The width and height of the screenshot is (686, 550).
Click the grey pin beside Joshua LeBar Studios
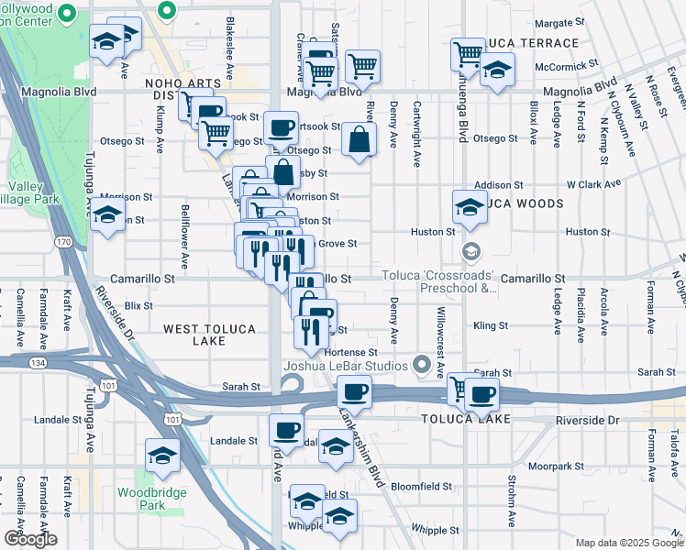(x=423, y=365)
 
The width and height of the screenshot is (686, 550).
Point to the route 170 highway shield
(x=62, y=242)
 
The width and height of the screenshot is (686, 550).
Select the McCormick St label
(x=567, y=66)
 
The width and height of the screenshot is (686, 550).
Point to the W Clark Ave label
(x=594, y=184)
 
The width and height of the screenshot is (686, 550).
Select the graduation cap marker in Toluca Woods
(x=469, y=208)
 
